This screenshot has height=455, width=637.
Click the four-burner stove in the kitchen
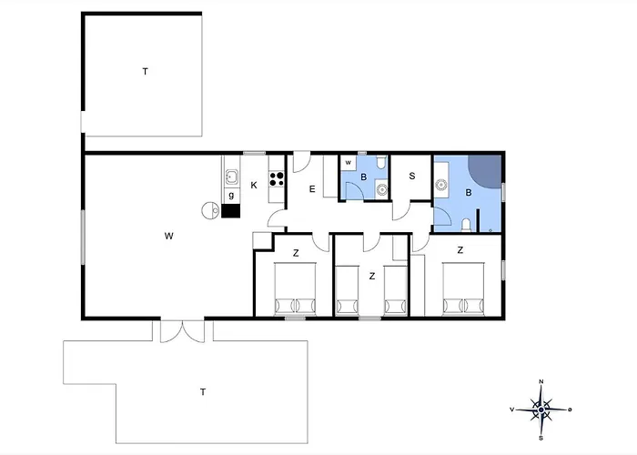(x=277, y=179)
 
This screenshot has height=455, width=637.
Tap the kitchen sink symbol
(x=231, y=177)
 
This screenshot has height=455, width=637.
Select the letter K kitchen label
(x=254, y=186)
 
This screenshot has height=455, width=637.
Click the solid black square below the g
(x=231, y=211)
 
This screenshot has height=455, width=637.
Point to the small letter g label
(x=231, y=196)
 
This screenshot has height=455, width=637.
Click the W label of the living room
(x=169, y=236)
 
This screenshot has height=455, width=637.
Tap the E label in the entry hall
(x=312, y=189)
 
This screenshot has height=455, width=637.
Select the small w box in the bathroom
(x=349, y=163)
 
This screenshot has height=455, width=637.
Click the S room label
(x=412, y=176)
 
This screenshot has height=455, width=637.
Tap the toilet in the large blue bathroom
(x=466, y=225)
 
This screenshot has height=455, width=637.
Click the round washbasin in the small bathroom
(x=381, y=189)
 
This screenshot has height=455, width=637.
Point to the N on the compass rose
(x=541, y=381)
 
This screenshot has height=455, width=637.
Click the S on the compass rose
(x=541, y=438)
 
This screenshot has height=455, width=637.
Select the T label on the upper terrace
(x=145, y=72)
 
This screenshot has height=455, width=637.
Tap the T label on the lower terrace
(x=203, y=392)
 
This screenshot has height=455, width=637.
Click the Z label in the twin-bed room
(x=371, y=277)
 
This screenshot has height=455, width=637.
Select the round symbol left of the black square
(x=210, y=211)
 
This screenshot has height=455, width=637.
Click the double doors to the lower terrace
(x=182, y=331)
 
